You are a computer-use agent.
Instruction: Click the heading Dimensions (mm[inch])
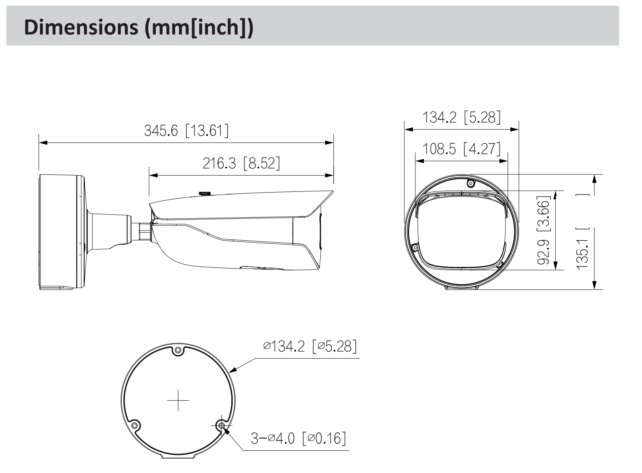138,28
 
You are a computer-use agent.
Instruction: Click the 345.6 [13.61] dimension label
186,131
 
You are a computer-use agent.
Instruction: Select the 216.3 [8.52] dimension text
241,163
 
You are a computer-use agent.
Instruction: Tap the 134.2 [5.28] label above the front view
461,117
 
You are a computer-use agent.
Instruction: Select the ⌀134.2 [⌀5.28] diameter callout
310,346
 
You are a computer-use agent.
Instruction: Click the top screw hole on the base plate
178,350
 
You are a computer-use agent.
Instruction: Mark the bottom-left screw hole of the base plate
135,426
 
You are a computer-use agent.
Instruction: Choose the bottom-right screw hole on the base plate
221,426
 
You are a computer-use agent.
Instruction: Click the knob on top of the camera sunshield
205,193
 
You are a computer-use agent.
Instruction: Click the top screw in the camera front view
471,183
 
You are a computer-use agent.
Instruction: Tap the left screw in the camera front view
415,248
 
